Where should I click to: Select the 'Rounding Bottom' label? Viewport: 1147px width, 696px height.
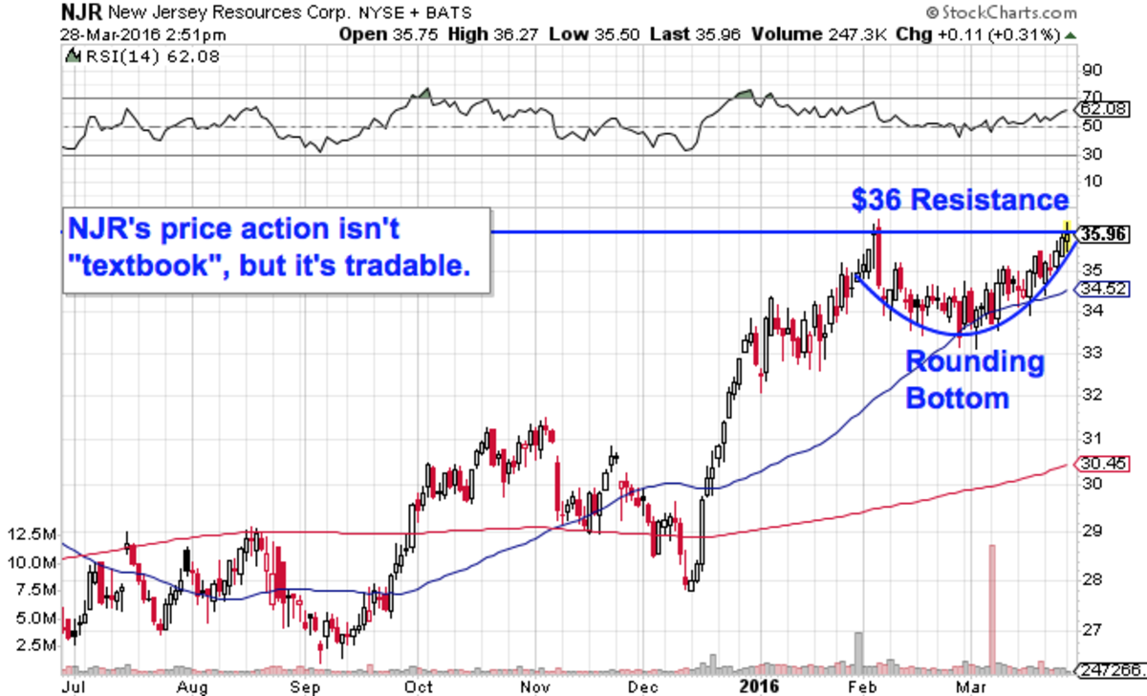click(974, 380)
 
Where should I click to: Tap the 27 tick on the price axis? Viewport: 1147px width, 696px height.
click(1090, 629)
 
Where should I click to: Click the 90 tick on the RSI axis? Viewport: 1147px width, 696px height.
click(1090, 70)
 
